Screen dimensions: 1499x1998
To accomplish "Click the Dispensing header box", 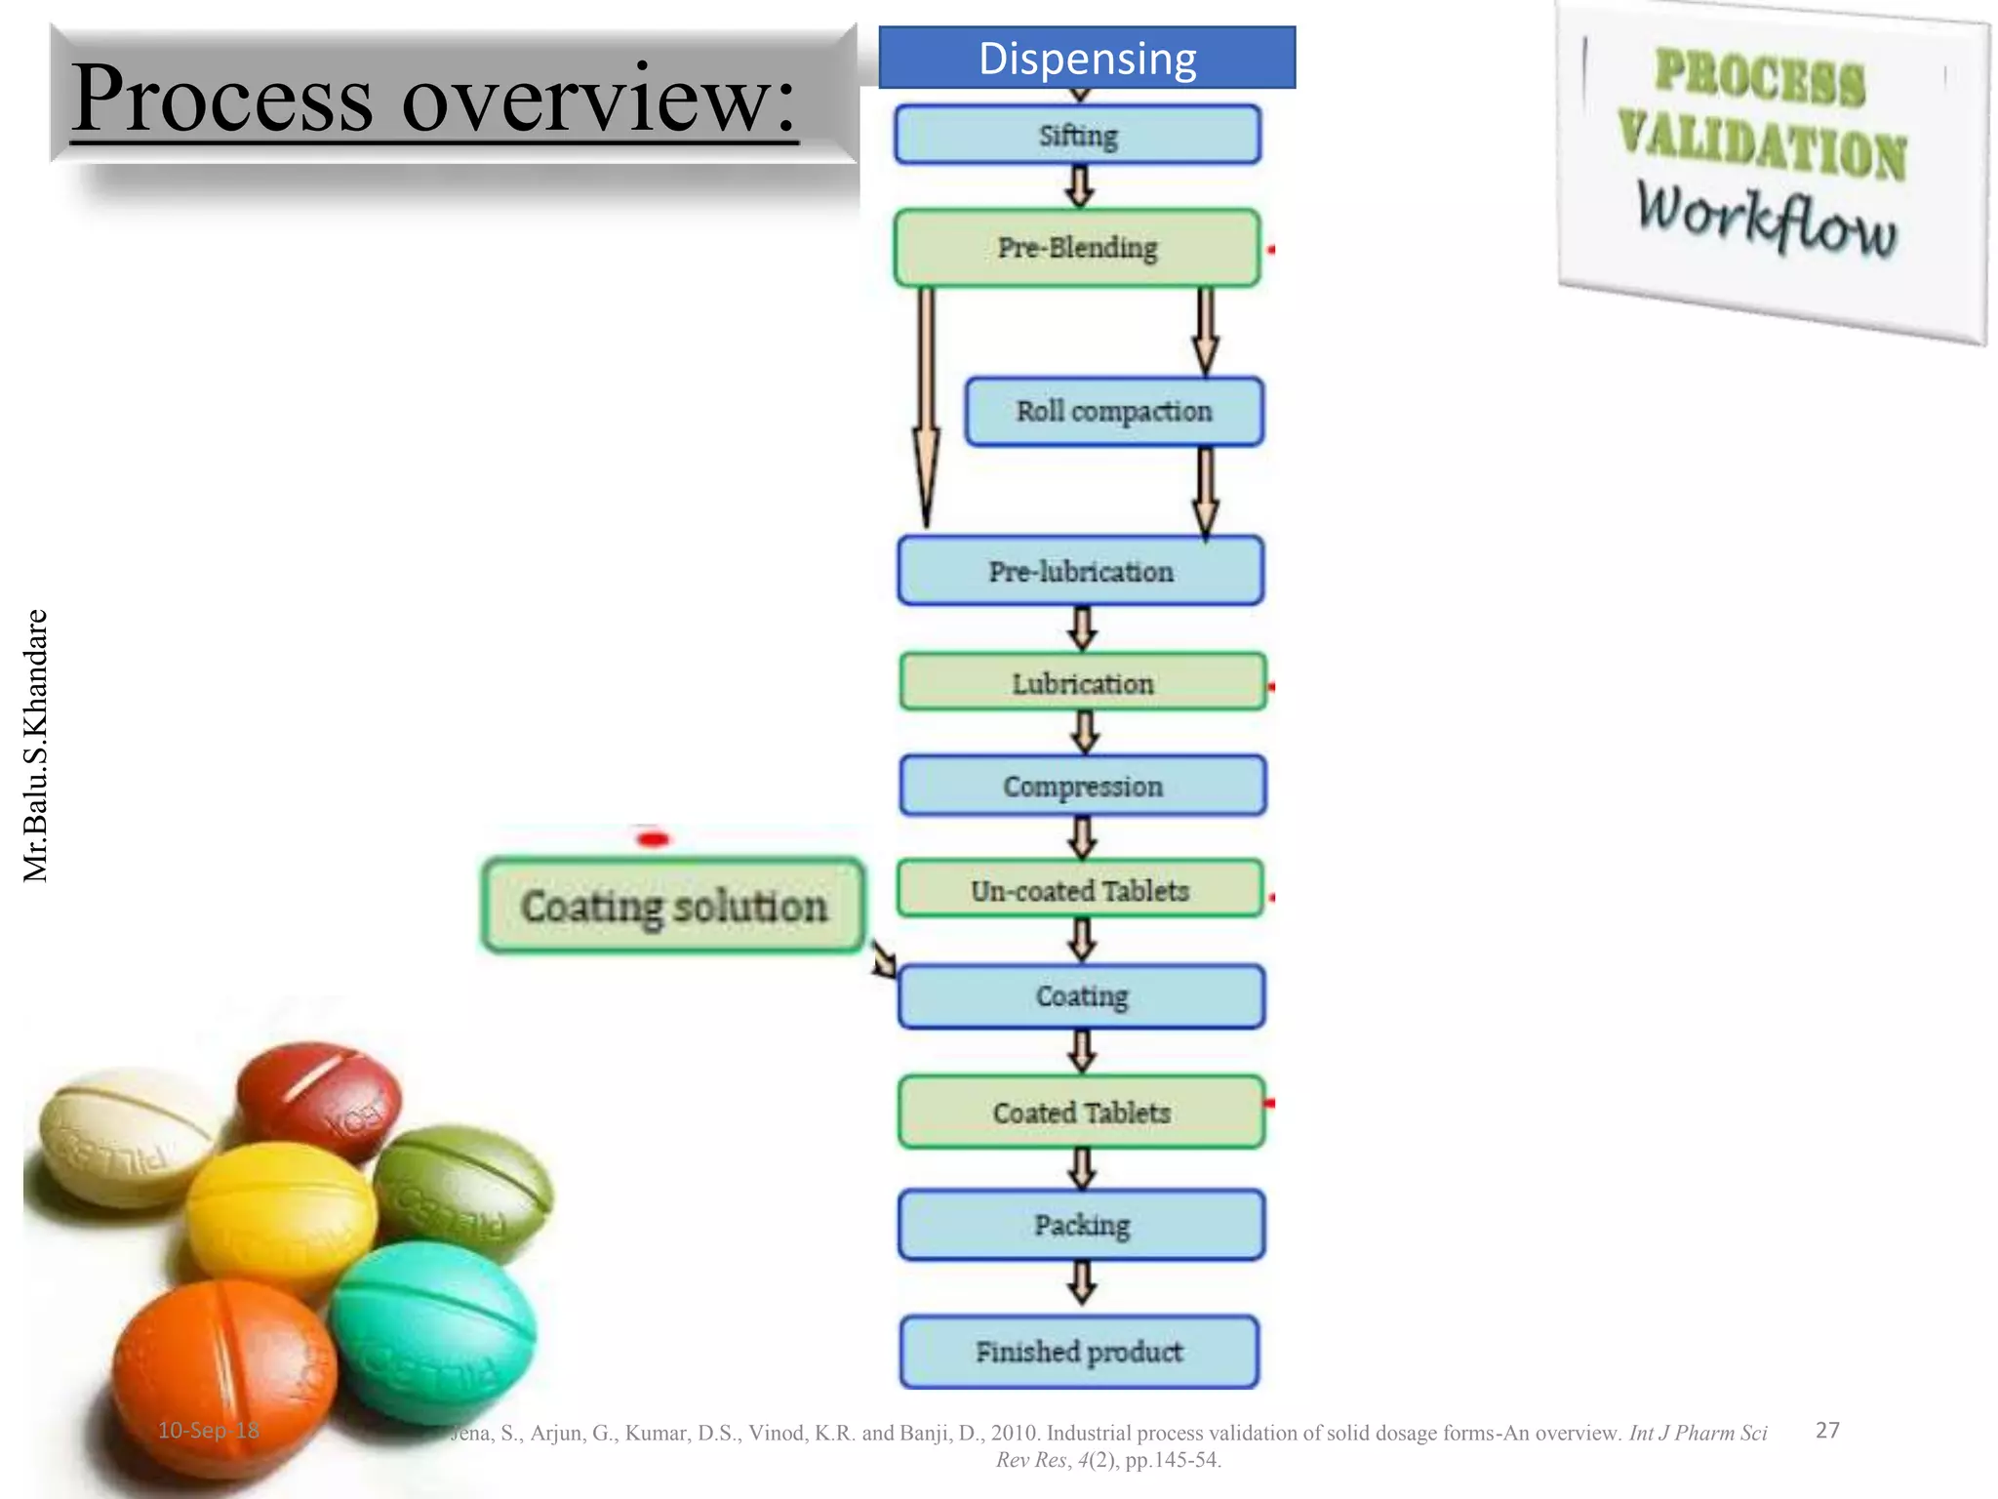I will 1087,58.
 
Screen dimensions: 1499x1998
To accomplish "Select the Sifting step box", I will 1077,135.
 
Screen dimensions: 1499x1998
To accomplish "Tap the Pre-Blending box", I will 1077,248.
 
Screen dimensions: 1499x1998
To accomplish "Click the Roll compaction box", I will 1114,412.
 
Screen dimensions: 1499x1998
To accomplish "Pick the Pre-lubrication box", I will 1081,571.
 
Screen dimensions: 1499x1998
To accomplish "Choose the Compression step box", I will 1083,786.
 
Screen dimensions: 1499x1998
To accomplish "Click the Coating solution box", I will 673,906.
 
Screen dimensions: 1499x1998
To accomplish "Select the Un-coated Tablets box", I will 1080,889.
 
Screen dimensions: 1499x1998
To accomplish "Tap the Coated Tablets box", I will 1081,1112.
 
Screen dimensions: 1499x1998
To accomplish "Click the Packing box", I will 1081,1225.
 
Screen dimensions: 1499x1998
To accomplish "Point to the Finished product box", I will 1079,1352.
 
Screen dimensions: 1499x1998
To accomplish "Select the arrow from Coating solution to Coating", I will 883,958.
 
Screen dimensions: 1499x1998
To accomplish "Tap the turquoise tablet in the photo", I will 434,1332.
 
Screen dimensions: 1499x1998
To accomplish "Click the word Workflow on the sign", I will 1766,220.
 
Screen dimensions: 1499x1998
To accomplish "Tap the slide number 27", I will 1827,1431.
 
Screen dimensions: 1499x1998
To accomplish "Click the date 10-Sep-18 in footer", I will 209,1431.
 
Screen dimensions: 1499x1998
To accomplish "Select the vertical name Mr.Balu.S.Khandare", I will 35,746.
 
